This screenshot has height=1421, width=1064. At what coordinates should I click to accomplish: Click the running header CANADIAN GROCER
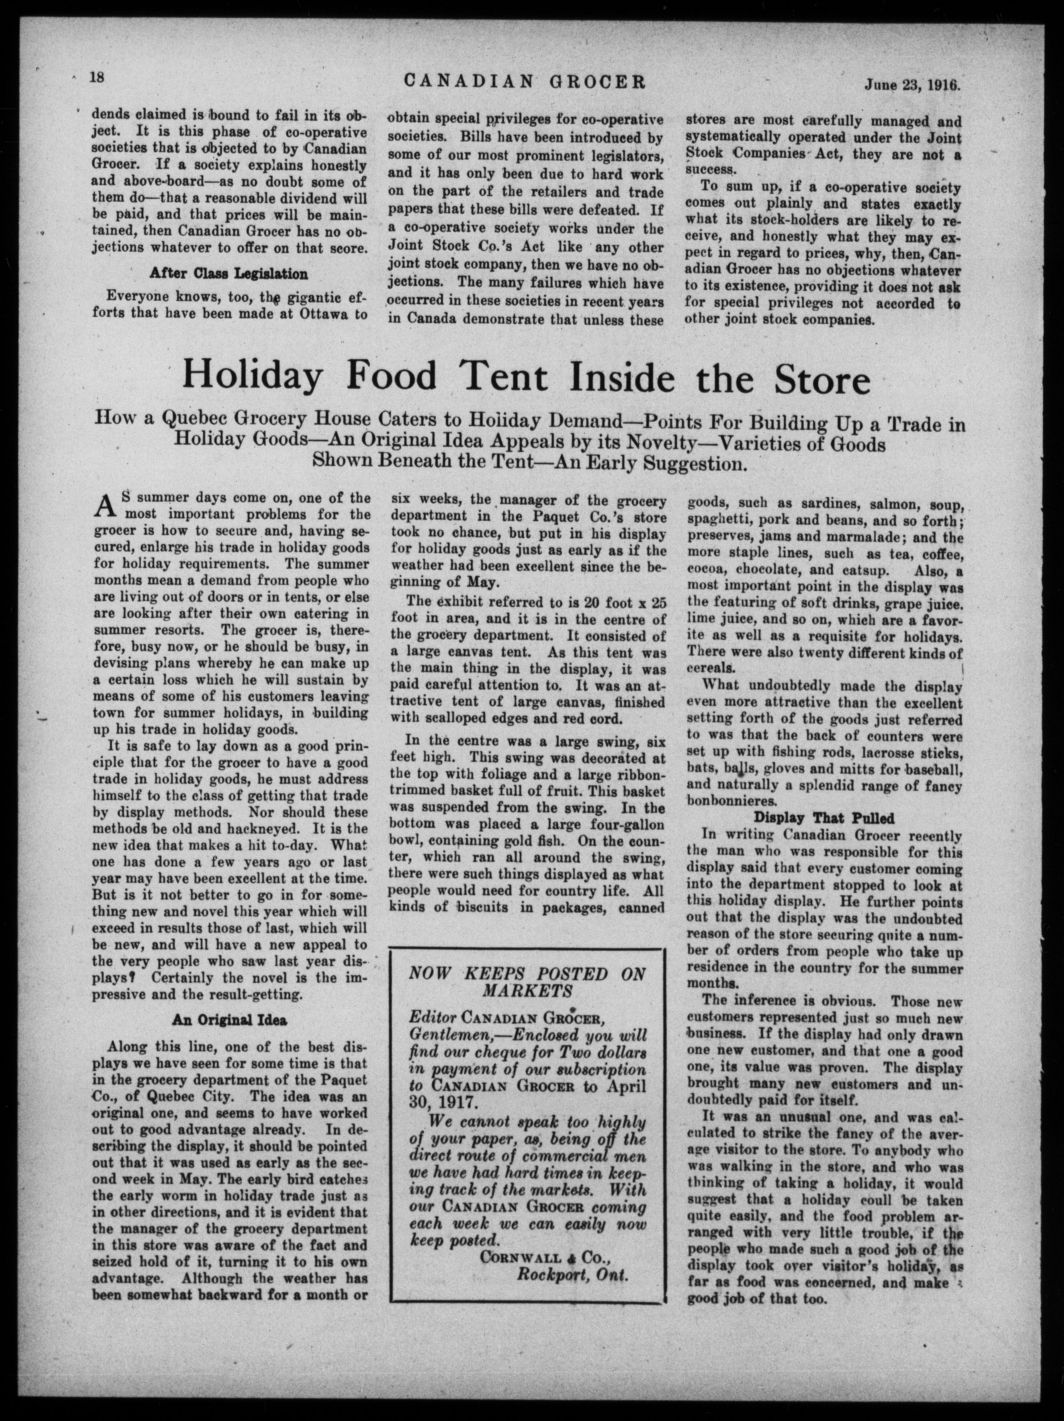click(x=524, y=82)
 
